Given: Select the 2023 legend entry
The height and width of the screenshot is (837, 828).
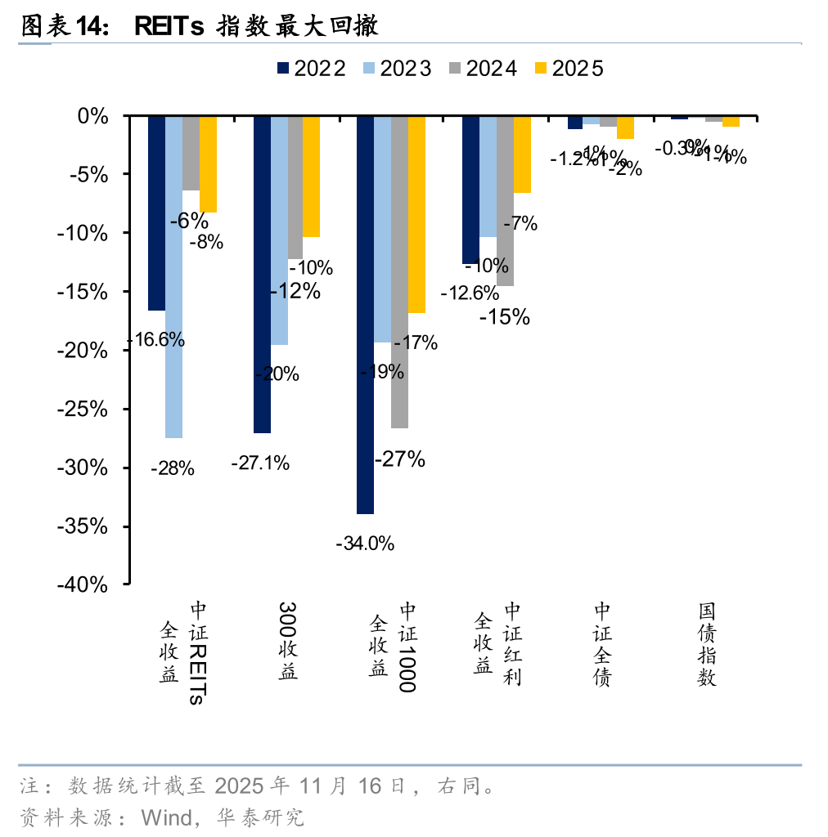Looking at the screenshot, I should [x=396, y=69].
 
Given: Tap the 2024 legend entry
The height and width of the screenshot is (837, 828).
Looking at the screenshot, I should [x=482, y=69].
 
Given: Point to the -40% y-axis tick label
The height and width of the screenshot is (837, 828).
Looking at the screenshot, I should [x=83, y=584].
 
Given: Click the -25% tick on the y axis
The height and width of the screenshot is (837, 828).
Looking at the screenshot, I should [x=83, y=409].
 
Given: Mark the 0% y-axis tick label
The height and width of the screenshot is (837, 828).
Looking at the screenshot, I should [x=92, y=115].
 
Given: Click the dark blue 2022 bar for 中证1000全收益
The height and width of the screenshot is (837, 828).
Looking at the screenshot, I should [x=365, y=315].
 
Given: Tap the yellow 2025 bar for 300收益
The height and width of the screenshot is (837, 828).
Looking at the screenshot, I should [x=312, y=176].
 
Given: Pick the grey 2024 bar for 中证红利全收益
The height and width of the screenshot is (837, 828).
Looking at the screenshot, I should [x=505, y=200].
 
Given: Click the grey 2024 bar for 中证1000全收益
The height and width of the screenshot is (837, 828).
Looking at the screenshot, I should [x=399, y=271].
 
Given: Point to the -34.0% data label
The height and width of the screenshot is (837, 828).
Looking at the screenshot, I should [x=365, y=543].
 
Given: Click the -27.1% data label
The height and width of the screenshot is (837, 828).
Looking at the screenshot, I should [x=260, y=463].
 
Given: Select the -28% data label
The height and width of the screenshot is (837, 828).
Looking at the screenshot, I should [x=173, y=468].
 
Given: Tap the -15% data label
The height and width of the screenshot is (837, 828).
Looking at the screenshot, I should [x=505, y=316].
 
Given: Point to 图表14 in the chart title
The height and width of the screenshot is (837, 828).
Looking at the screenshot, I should [x=65, y=27].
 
